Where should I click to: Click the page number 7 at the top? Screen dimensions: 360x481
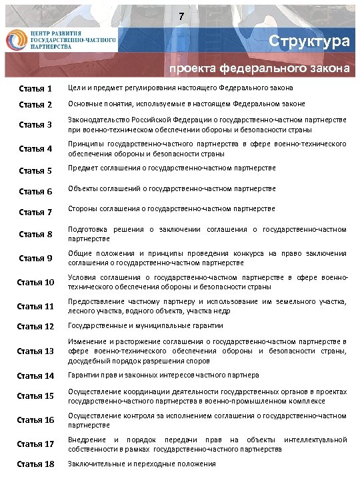[x=180, y=16]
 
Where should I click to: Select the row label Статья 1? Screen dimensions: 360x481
[x=35, y=89]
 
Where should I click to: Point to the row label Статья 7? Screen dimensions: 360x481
[x=35, y=212]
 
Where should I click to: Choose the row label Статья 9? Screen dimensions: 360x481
[x=35, y=258]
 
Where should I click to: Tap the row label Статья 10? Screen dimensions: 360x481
[x=35, y=282]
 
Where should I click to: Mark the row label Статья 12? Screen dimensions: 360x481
[x=35, y=326]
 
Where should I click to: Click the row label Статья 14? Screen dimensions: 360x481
[x=35, y=375]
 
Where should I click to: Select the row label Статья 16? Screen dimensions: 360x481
[x=35, y=420]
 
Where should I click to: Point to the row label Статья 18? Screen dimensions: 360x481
[x=35, y=464]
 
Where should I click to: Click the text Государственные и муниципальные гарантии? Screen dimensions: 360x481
[x=145, y=326]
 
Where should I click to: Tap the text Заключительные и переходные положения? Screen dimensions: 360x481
[x=142, y=464]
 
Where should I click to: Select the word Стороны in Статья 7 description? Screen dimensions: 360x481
[x=83, y=210]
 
